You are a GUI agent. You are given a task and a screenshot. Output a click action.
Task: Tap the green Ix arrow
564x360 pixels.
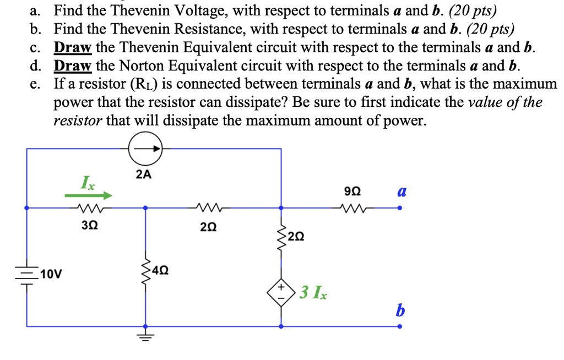click(x=89, y=195)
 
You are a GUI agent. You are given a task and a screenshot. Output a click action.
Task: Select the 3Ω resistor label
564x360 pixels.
click(x=88, y=225)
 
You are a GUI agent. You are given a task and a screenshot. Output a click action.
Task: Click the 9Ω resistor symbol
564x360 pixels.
click(x=352, y=209)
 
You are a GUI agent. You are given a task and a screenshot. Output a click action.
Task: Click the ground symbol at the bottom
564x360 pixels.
click(x=145, y=336)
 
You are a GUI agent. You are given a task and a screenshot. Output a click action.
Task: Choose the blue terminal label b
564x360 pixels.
click(x=400, y=311)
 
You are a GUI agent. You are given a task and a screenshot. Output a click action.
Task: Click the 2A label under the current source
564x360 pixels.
click(x=144, y=175)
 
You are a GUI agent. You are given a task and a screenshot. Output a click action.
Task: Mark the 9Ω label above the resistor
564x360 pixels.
click(x=352, y=192)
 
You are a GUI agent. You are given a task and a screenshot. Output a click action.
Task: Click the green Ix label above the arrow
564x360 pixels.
click(x=88, y=182)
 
